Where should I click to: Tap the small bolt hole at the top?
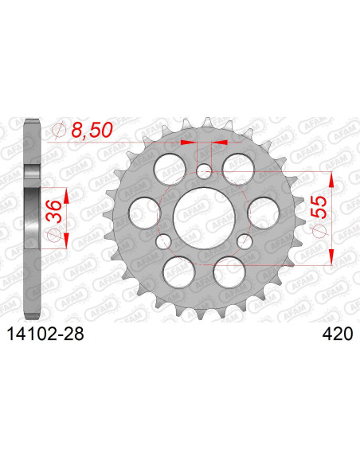204,170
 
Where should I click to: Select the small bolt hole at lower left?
163,240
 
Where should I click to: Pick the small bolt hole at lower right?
245,240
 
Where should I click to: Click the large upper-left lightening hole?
170,166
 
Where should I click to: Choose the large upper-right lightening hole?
237,166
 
